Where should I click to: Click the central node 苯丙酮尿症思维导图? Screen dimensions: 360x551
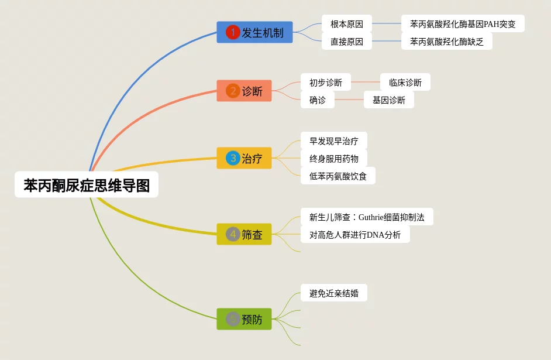(x=87, y=186)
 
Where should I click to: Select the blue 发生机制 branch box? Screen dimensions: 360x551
(x=254, y=32)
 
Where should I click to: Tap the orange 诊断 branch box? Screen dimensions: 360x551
(x=244, y=91)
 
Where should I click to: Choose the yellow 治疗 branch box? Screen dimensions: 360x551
(x=244, y=158)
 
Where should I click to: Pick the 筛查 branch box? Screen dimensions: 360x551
(x=244, y=234)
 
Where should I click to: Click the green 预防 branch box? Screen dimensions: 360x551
(x=244, y=319)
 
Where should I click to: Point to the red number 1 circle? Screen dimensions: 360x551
(x=233, y=32)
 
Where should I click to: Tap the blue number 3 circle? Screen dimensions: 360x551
(x=233, y=158)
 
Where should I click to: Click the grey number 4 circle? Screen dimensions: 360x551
(x=233, y=234)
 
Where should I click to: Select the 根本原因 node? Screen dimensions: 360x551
(x=347, y=24)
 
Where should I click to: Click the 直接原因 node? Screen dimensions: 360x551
(x=347, y=42)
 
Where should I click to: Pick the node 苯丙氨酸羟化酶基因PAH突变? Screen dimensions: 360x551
(x=463, y=24)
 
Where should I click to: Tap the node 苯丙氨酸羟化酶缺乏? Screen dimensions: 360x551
(x=447, y=42)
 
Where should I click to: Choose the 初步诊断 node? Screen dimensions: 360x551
(x=326, y=83)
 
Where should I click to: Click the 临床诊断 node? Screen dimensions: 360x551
(x=405, y=83)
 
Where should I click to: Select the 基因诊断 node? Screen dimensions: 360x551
(x=389, y=100)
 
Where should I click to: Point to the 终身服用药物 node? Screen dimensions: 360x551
(x=334, y=159)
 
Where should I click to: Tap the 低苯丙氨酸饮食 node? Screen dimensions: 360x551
(x=338, y=176)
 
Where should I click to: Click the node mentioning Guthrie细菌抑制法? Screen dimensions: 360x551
(x=367, y=217)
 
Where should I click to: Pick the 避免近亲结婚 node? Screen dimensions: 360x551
(x=334, y=293)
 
